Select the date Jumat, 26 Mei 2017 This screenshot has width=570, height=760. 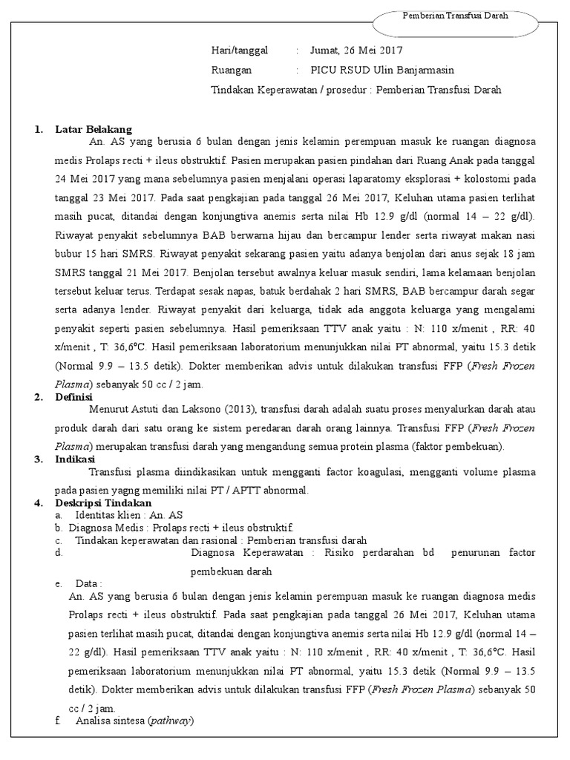point(356,50)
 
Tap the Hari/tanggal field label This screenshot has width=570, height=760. point(239,50)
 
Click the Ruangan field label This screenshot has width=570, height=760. point(232,70)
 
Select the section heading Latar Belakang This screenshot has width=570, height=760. point(93,129)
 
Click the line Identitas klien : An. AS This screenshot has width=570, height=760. point(129,514)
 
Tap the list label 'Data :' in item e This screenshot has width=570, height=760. point(88,583)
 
